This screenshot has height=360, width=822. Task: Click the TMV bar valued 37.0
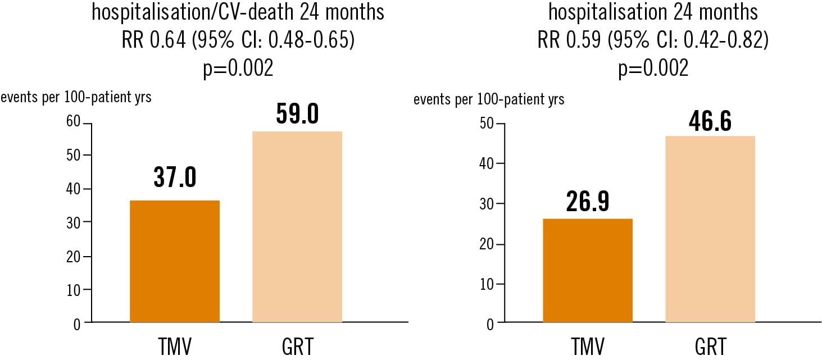click(x=174, y=261)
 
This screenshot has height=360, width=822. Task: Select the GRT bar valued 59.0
click(x=297, y=226)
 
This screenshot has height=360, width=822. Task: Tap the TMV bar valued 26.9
click(x=588, y=270)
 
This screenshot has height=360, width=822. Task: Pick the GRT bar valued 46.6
click(x=710, y=229)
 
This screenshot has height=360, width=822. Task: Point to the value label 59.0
click(x=297, y=114)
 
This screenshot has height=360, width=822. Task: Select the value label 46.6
click(x=710, y=121)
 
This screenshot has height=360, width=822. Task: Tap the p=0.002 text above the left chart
click(x=238, y=69)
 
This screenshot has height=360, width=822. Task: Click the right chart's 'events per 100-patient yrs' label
click(x=488, y=100)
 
